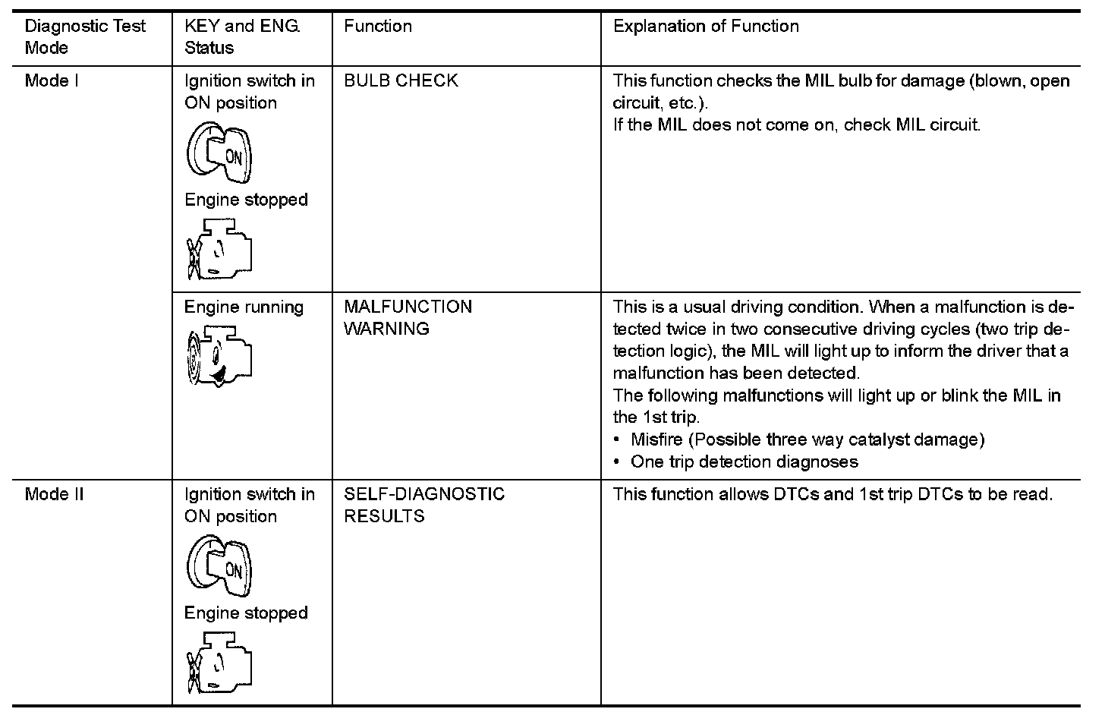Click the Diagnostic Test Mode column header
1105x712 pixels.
[85, 36]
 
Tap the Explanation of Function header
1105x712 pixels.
[706, 27]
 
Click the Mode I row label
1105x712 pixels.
[52, 80]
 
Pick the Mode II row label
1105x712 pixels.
[54, 494]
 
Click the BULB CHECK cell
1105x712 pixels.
[401, 80]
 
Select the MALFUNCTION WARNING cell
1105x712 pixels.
[408, 317]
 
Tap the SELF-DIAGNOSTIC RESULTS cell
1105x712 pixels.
[423, 505]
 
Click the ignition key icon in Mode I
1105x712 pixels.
[219, 153]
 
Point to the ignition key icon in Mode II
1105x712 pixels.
[219, 566]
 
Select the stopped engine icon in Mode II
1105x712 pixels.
[219, 662]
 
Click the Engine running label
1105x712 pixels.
[244, 307]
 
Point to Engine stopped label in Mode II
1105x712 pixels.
[246, 613]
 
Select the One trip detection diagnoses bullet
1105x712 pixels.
[744, 462]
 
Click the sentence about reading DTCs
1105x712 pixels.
[833, 494]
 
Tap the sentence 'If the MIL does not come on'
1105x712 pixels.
[796, 124]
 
